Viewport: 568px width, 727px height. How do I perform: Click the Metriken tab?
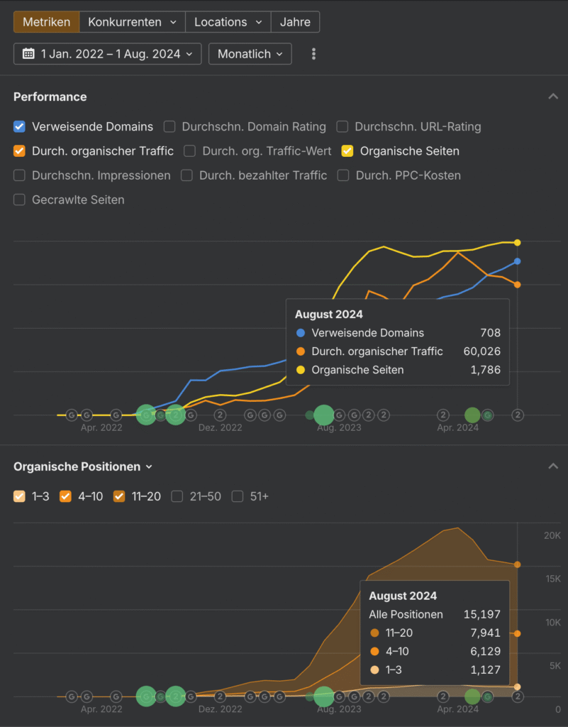[46, 22]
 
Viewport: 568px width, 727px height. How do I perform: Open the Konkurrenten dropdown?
[132, 22]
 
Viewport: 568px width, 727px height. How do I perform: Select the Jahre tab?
[295, 22]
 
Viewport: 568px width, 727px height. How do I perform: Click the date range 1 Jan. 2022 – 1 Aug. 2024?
[107, 54]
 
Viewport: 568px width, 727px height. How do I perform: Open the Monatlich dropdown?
[250, 54]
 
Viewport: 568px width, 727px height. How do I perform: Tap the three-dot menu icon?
[314, 54]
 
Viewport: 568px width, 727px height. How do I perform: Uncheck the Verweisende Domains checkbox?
[19, 127]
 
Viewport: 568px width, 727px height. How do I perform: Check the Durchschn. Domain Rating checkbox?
[169, 127]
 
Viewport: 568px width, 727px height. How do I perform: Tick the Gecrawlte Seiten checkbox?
[19, 200]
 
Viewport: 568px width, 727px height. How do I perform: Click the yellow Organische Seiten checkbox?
[347, 151]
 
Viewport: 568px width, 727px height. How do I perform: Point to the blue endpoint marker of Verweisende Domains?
[518, 261]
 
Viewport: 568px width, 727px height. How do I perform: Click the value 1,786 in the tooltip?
[486, 370]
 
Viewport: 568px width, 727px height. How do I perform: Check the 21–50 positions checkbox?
[177, 497]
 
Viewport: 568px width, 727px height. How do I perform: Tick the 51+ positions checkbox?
[238, 497]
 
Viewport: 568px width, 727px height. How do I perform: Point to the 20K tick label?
[552, 535]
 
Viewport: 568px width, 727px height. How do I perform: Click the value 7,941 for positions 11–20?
[486, 633]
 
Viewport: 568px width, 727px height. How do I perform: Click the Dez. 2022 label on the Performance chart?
[220, 428]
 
